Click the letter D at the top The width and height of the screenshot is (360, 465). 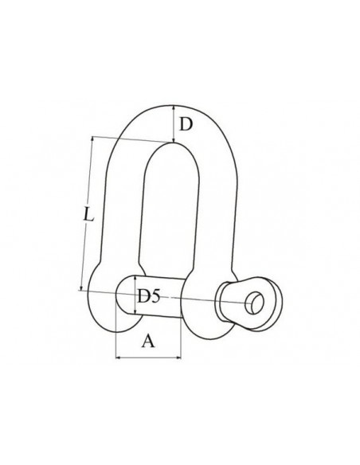(186, 124)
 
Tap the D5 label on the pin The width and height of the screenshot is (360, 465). (149, 296)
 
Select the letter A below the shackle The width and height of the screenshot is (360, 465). (148, 341)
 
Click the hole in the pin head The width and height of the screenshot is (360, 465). (254, 303)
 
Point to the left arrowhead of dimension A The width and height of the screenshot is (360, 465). (118, 358)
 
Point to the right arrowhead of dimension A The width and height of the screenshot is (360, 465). (178, 358)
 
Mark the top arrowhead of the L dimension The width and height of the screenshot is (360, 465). (92, 139)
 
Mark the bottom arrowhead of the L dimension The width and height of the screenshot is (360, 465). (81, 287)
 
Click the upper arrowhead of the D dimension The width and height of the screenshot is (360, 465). (173, 108)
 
